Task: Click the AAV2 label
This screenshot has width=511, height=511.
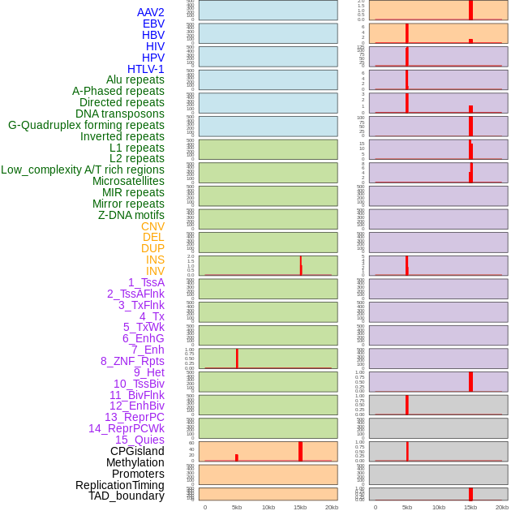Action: [x=150, y=12]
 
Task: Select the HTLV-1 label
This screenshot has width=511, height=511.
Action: [x=146, y=69]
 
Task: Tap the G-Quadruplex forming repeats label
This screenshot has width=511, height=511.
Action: [x=86, y=125]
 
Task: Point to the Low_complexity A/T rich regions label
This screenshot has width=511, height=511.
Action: [x=83, y=170]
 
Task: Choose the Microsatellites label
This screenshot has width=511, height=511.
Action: [x=128, y=181]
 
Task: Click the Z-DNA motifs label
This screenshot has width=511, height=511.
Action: [x=131, y=215]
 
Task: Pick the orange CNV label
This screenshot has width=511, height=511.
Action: [x=152, y=226]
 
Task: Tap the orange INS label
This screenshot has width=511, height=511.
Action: [x=155, y=260]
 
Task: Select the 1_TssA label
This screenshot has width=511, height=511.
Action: [x=146, y=282]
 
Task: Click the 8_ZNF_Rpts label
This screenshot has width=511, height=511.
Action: [x=132, y=361]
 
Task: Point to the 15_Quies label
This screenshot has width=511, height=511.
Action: [x=140, y=440]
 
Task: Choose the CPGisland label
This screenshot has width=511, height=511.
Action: [x=137, y=451]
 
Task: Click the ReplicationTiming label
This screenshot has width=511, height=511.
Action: [x=120, y=485]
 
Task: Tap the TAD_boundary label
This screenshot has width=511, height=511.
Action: [x=127, y=496]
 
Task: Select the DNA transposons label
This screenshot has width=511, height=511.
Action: [x=120, y=114]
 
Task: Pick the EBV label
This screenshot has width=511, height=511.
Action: [x=153, y=24]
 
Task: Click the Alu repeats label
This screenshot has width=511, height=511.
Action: [x=135, y=79]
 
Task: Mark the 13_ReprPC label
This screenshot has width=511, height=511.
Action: [x=134, y=417]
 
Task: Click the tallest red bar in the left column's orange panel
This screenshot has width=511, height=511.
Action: [x=300, y=451]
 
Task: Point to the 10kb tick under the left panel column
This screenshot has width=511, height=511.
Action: [x=268, y=507]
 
